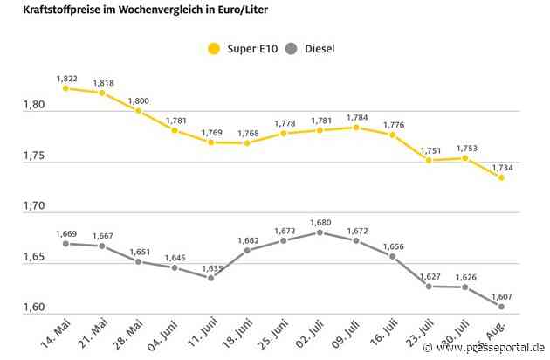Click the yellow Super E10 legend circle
[x=214, y=48]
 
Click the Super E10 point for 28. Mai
[x=138, y=111]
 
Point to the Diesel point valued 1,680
[x=320, y=232]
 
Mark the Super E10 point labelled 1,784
[x=356, y=127]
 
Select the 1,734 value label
[x=502, y=166]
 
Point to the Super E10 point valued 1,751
[x=429, y=160]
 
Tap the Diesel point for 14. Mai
[x=65, y=244]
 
